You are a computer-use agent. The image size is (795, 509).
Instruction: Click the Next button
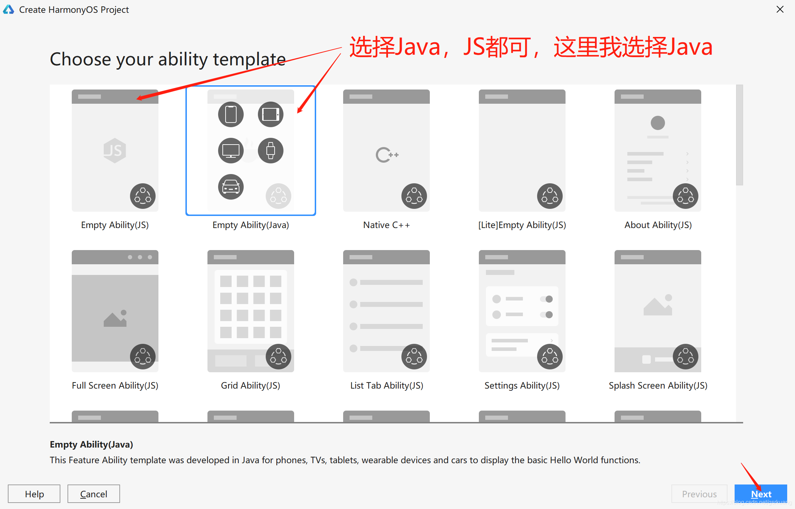pyautogui.click(x=761, y=494)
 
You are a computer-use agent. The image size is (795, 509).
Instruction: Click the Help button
pyautogui.click(x=34, y=494)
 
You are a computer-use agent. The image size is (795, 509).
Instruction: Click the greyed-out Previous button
pyautogui.click(x=699, y=494)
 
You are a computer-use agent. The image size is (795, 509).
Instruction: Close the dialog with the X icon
pyautogui.click(x=780, y=9)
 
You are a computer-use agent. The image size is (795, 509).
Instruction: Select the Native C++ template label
pyautogui.click(x=386, y=225)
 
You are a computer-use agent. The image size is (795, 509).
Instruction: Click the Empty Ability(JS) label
pyautogui.click(x=115, y=225)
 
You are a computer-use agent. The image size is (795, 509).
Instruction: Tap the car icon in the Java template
pyautogui.click(x=231, y=187)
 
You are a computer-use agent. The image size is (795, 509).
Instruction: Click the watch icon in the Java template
pyautogui.click(x=271, y=151)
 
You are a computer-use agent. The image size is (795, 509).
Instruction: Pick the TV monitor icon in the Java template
pyautogui.click(x=231, y=151)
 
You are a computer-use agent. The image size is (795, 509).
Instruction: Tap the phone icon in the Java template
pyautogui.click(x=231, y=114)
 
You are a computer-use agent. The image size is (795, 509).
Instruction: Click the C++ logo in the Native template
pyautogui.click(x=387, y=155)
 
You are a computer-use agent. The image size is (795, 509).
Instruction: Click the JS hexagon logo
pyautogui.click(x=115, y=151)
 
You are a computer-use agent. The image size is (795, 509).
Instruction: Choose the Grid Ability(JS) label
pyautogui.click(x=250, y=385)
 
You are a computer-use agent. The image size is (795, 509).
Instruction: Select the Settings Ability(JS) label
pyautogui.click(x=522, y=385)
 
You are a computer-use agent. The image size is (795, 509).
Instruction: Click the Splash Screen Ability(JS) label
pyautogui.click(x=658, y=385)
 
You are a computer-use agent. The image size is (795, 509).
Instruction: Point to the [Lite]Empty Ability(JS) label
pyautogui.click(x=522, y=225)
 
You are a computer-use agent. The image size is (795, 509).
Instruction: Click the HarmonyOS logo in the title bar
pyautogui.click(x=9, y=10)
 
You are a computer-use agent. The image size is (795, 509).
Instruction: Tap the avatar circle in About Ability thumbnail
pyautogui.click(x=658, y=123)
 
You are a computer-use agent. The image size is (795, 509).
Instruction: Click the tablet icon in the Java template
pyautogui.click(x=271, y=114)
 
